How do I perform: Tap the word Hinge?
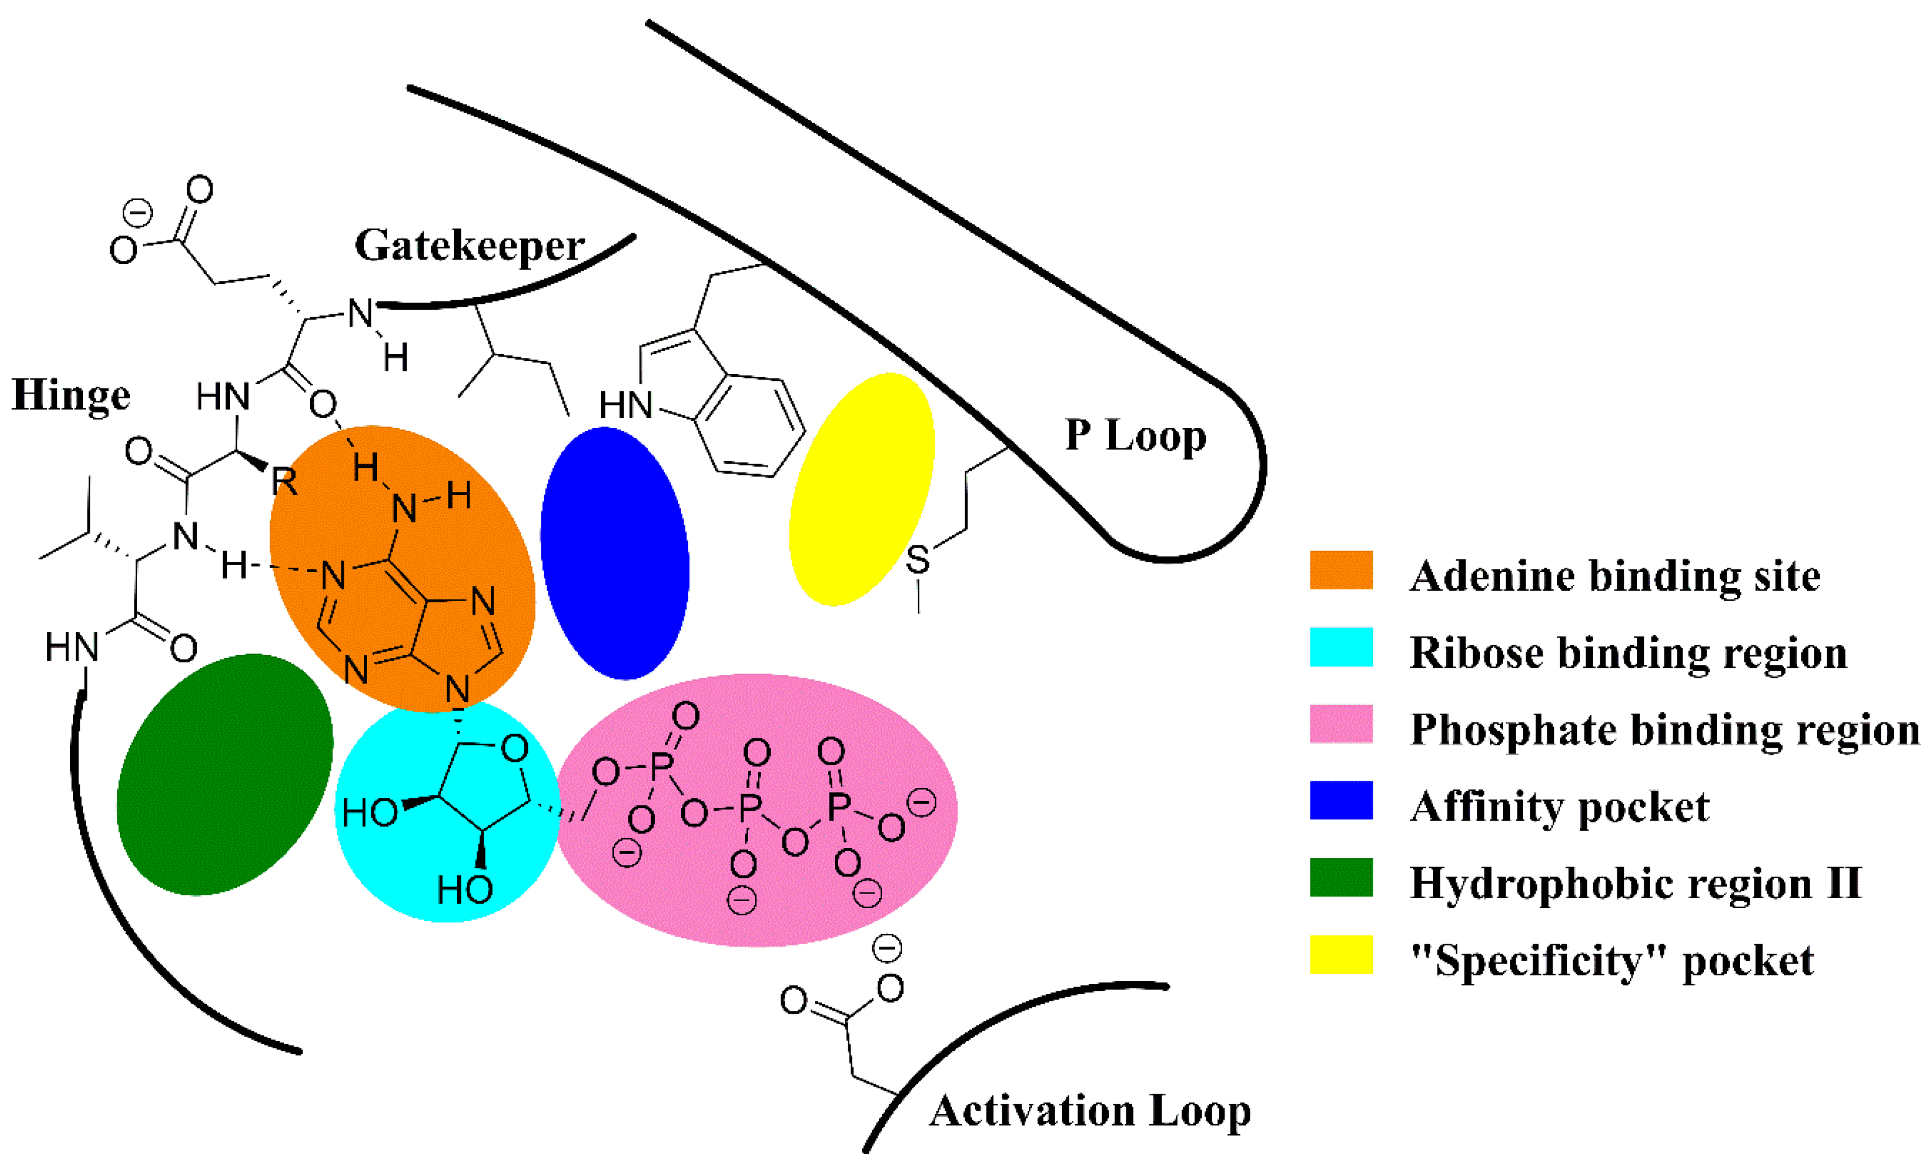(71, 395)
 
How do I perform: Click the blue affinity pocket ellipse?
(614, 553)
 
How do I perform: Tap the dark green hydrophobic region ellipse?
(225, 774)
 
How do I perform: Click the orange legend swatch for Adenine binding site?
(1341, 570)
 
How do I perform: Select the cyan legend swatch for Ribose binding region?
(1341, 647)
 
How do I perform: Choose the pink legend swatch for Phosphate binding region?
(1341, 724)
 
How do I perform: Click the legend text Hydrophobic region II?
(1635, 884)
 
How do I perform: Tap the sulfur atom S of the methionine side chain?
(917, 560)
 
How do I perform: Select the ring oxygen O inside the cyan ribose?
(514, 749)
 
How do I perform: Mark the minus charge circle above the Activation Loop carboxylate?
(887, 948)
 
